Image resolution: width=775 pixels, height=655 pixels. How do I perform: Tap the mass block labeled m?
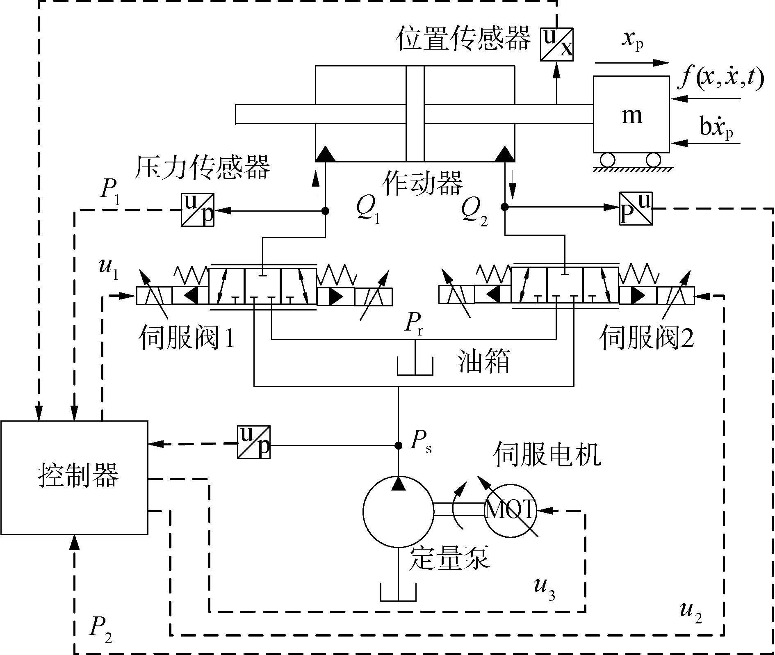[x=631, y=114]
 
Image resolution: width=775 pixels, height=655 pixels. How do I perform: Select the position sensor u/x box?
[x=556, y=45]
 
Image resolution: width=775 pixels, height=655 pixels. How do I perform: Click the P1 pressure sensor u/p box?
[x=198, y=210]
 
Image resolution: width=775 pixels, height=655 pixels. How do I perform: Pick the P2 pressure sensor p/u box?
[x=636, y=208]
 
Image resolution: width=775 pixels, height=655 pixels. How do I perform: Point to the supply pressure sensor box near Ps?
[x=254, y=442]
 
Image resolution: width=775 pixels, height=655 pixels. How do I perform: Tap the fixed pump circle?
[x=398, y=511]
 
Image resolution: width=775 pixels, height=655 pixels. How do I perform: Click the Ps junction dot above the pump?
[x=398, y=445]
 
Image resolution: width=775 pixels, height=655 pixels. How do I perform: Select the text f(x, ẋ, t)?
[x=721, y=78]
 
